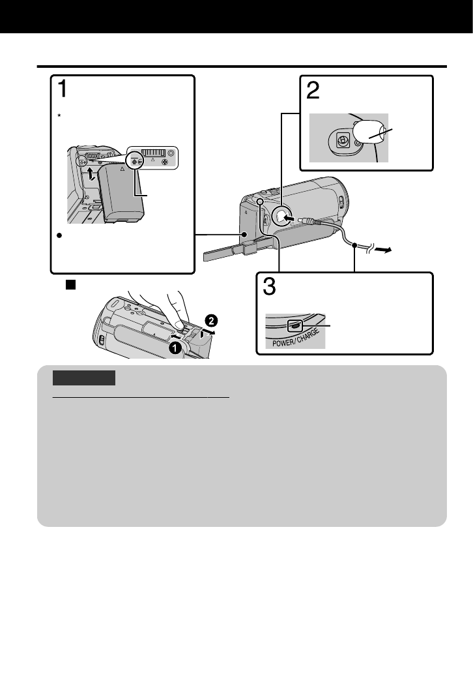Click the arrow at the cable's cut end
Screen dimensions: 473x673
click(x=390, y=248)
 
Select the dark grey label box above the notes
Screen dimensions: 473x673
click(x=84, y=378)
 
